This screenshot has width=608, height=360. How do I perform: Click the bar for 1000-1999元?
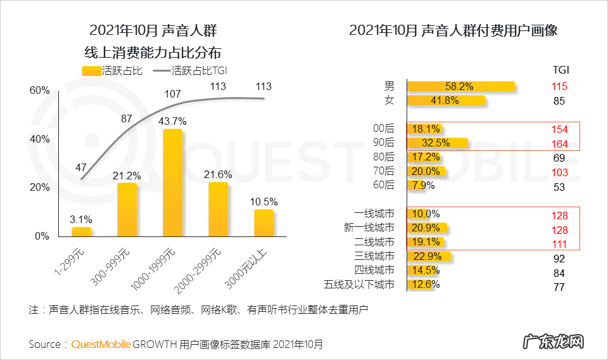[x=172, y=183]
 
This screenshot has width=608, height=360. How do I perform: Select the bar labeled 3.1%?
[x=81, y=231]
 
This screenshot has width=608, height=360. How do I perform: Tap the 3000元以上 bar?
[x=263, y=222]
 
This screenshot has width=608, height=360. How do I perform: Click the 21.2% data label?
[x=127, y=174]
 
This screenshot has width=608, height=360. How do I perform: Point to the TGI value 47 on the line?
[x=80, y=167]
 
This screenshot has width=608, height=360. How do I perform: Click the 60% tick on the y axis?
[x=39, y=91]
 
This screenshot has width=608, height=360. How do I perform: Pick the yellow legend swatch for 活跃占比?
[x=92, y=70]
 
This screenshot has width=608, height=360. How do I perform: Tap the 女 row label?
[x=389, y=100]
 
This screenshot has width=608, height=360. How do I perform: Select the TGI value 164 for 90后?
[x=559, y=143]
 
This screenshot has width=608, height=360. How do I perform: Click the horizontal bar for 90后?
[x=437, y=143]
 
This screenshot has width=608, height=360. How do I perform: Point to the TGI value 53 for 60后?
[x=558, y=187]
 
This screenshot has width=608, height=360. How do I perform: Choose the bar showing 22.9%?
[x=428, y=256]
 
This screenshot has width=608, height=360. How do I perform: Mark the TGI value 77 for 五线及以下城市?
[x=558, y=287]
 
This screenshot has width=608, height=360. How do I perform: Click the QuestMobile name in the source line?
[x=101, y=344]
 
